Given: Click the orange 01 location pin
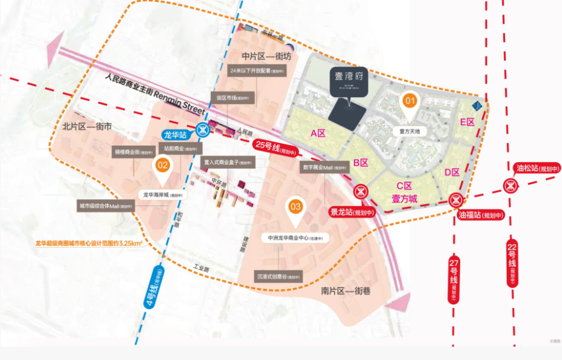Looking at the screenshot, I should click(410, 101).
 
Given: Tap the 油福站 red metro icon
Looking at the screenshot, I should click(456, 200).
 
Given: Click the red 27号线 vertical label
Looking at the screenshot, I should click(454, 279).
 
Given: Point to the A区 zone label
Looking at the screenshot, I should click(318, 133).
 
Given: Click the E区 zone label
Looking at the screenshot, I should click(467, 122).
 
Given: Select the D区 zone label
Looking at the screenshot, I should click(452, 172).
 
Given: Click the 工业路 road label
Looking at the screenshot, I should click(201, 267).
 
